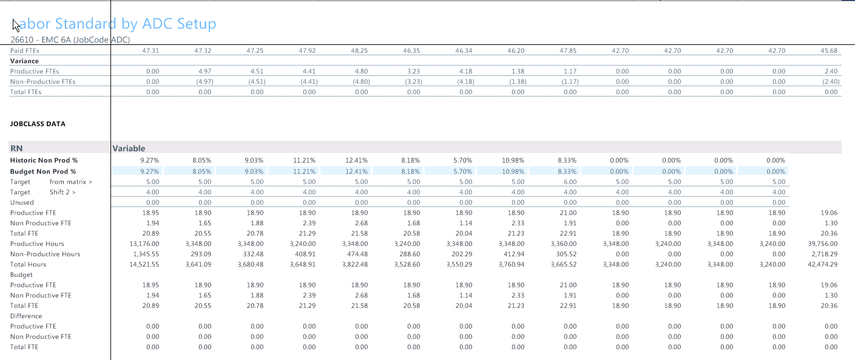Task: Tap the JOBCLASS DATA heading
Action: click(38, 124)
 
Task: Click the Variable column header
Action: click(129, 148)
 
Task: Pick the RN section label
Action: click(16, 148)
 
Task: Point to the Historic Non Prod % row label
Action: click(44, 160)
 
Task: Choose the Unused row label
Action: click(22, 202)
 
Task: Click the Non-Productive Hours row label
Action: click(45, 254)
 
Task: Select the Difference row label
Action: click(26, 316)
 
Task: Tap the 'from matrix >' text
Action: click(71, 182)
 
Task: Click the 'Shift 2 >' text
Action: click(63, 192)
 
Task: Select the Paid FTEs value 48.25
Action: click(360, 50)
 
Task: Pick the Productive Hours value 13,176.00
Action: click(145, 243)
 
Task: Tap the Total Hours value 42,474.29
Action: click(823, 264)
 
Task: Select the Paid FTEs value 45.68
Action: click(829, 50)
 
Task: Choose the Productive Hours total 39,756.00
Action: click(823, 243)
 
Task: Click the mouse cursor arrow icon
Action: click(16, 24)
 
